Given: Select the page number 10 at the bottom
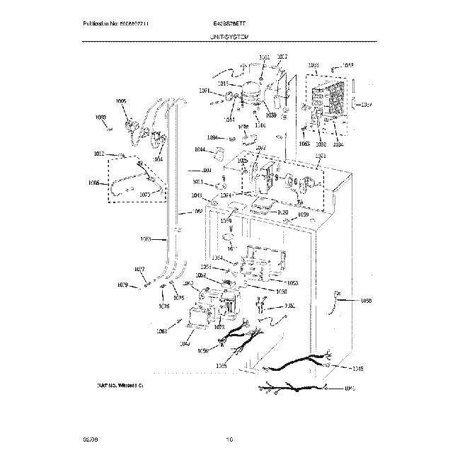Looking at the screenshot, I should (x=229, y=439).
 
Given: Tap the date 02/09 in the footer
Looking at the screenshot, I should (x=88, y=439).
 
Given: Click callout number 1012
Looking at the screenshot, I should (x=99, y=154).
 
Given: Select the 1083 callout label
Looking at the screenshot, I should (x=146, y=238).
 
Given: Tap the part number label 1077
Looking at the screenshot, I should (x=139, y=269).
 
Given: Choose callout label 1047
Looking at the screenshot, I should (x=185, y=344).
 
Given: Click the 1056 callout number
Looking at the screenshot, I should (x=203, y=351).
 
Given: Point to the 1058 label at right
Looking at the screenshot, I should (x=366, y=301).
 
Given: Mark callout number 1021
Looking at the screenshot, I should (x=321, y=156).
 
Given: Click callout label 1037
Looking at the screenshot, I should (x=366, y=105).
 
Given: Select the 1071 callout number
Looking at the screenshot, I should (x=204, y=91).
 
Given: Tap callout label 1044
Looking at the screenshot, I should (x=200, y=150).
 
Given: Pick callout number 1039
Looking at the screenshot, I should (x=271, y=115).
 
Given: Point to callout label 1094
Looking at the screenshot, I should (x=212, y=137).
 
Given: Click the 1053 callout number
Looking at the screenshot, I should (x=292, y=282).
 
